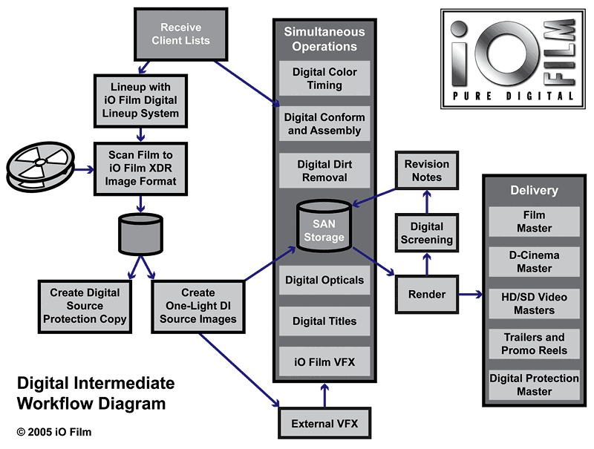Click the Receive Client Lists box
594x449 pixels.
tap(180, 34)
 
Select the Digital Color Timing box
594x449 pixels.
tap(324, 79)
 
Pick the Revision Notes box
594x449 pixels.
tap(426, 171)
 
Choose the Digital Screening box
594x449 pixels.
tap(426, 233)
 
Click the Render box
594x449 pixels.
tap(426, 294)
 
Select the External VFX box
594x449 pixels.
tap(324, 425)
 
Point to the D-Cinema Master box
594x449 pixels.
tap(534, 262)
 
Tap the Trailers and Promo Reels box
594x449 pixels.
tap(534, 344)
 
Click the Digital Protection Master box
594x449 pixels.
tap(534, 384)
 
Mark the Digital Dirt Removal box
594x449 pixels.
tap(324, 171)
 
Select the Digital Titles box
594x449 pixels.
tap(324, 321)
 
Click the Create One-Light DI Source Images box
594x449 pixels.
tap(198, 306)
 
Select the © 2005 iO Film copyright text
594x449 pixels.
tap(54, 432)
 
